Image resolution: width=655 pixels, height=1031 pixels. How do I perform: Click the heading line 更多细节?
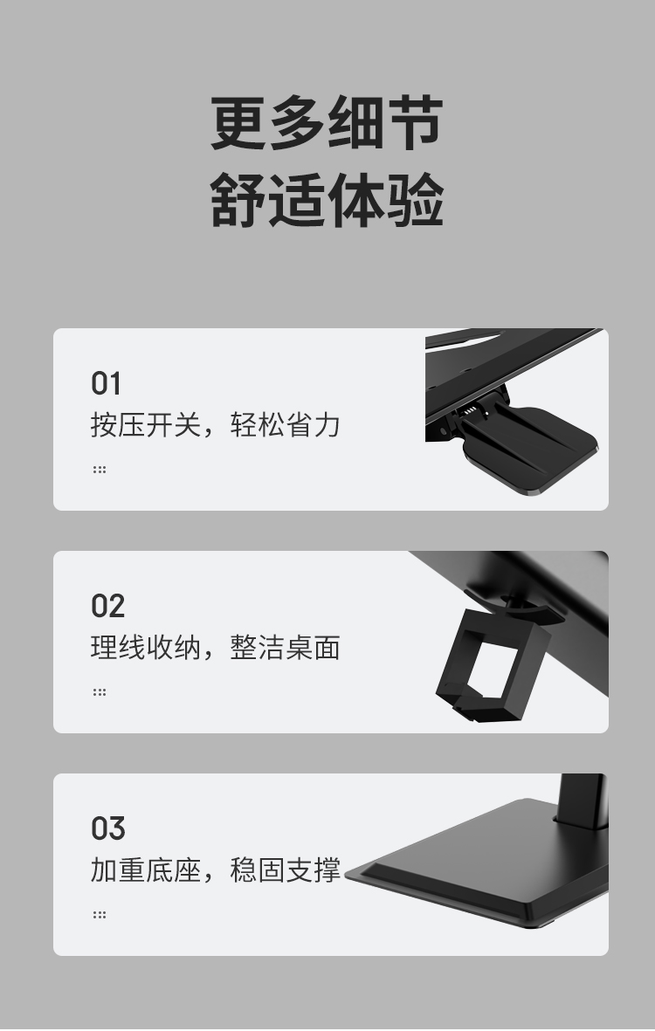pyautogui.click(x=327, y=124)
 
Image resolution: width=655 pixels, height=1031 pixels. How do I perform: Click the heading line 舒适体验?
pyautogui.click(x=327, y=201)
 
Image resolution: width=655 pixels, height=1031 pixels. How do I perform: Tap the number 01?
pyautogui.click(x=106, y=383)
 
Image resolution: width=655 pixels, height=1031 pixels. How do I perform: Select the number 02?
pyautogui.click(x=107, y=606)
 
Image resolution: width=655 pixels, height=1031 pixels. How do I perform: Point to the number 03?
pyautogui.click(x=107, y=828)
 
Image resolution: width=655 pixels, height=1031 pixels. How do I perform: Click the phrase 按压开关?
pyautogui.click(x=145, y=425)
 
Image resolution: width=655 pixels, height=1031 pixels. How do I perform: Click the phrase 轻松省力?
pyautogui.click(x=285, y=425)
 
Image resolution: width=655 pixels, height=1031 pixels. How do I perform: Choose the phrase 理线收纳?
pyautogui.click(x=145, y=648)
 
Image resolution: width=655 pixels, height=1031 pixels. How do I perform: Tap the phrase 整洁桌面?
pyautogui.click(x=285, y=648)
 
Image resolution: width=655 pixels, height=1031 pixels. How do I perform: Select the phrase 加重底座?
pyautogui.click(x=145, y=870)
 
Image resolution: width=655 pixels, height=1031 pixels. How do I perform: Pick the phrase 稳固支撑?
pyautogui.click(x=285, y=870)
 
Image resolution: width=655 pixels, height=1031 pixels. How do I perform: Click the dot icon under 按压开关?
pyautogui.click(x=100, y=469)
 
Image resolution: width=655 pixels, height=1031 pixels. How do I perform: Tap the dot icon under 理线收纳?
pyautogui.click(x=100, y=691)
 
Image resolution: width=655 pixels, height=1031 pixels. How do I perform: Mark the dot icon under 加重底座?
pyautogui.click(x=100, y=914)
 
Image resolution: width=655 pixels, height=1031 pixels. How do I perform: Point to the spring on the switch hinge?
pyautogui.click(x=470, y=409)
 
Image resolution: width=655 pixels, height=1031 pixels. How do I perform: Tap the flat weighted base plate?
pyautogui.click(x=489, y=873)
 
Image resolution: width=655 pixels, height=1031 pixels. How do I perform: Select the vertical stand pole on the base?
pyautogui.click(x=581, y=800)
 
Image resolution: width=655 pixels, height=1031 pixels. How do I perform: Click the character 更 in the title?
pyautogui.click(x=238, y=124)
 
